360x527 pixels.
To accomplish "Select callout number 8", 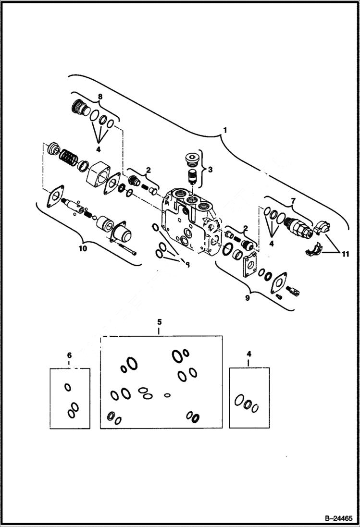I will point(100,97).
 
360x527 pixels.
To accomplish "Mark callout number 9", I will point(248,298).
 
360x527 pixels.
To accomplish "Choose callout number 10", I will point(81,248).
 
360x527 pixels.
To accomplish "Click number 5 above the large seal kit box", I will point(160,321).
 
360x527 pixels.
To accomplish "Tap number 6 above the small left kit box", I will point(69,355).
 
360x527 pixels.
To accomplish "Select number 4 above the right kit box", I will point(248,354).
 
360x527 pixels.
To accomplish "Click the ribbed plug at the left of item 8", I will point(78,108).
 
